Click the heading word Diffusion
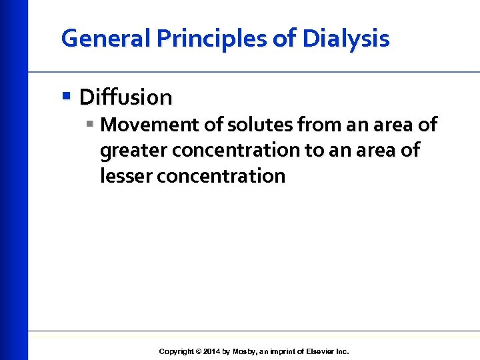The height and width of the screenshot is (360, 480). point(125,97)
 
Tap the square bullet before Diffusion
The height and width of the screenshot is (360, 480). point(65,95)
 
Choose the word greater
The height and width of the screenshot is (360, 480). point(133,151)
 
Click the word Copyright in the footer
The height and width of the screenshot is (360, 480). point(177,351)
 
